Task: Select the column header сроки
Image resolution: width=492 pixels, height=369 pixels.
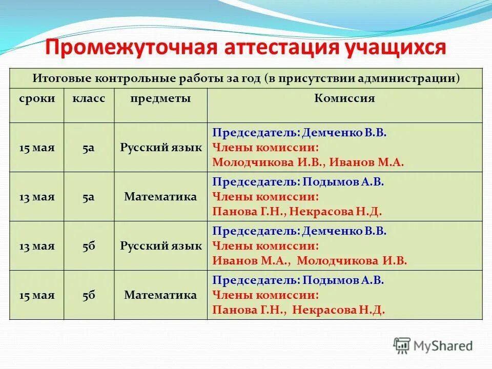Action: pyautogui.click(x=37, y=98)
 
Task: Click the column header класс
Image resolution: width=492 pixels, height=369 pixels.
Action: pyautogui.click(x=89, y=98)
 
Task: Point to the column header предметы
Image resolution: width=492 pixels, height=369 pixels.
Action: pyautogui.click(x=160, y=98)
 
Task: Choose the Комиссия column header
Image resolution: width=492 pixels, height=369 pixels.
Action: pyautogui.click(x=344, y=98)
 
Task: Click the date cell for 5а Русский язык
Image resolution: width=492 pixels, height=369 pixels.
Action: pyautogui.click(x=37, y=148)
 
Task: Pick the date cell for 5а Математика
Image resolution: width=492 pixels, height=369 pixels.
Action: pyautogui.click(x=37, y=197)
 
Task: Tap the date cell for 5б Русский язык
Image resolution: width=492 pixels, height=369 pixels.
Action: pyautogui.click(x=37, y=246)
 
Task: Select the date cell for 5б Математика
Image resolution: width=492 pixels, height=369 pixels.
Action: pyautogui.click(x=37, y=295)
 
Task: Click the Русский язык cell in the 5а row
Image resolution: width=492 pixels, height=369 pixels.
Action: pyautogui.click(x=161, y=148)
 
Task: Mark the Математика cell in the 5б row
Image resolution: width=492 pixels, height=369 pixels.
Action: pyautogui.click(x=161, y=295)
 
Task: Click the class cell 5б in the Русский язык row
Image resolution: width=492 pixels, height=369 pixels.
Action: pyautogui.click(x=89, y=246)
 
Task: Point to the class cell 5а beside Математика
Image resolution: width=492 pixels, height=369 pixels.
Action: pyautogui.click(x=89, y=197)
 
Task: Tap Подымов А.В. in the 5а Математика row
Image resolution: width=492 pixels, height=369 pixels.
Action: pyautogui.click(x=343, y=182)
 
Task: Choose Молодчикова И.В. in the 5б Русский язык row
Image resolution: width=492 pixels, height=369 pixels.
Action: pyautogui.click(x=352, y=260)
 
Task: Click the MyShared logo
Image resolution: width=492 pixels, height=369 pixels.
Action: pyautogui.click(x=433, y=345)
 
